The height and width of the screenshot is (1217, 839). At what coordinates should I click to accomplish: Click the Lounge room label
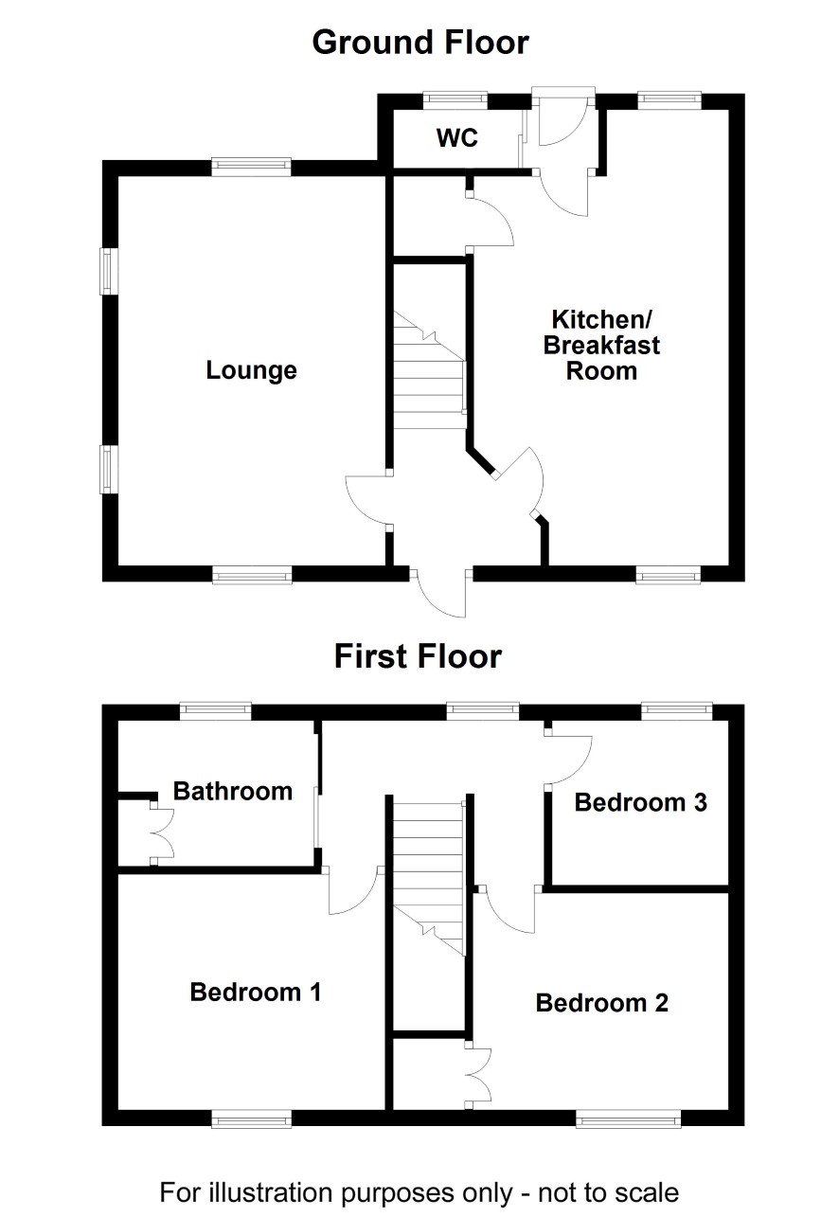pyautogui.click(x=251, y=370)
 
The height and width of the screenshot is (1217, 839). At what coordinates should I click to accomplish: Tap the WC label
pyautogui.click(x=457, y=138)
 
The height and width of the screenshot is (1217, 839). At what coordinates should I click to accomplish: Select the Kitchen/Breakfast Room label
pyautogui.click(x=601, y=345)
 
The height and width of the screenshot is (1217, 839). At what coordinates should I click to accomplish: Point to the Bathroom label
pyautogui.click(x=233, y=791)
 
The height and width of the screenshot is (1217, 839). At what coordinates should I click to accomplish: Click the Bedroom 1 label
pyautogui.click(x=256, y=993)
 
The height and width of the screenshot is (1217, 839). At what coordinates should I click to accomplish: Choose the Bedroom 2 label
pyautogui.click(x=601, y=1003)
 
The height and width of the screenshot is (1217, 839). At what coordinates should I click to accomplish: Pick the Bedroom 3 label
pyautogui.click(x=641, y=802)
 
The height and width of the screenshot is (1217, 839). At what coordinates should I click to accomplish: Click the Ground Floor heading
pyautogui.click(x=420, y=43)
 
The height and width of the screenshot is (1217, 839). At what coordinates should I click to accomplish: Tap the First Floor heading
pyautogui.click(x=418, y=656)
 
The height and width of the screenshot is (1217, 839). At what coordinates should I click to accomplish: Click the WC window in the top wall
pyautogui.click(x=455, y=98)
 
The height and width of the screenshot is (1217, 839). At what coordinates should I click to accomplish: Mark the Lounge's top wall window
pyautogui.click(x=251, y=167)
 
